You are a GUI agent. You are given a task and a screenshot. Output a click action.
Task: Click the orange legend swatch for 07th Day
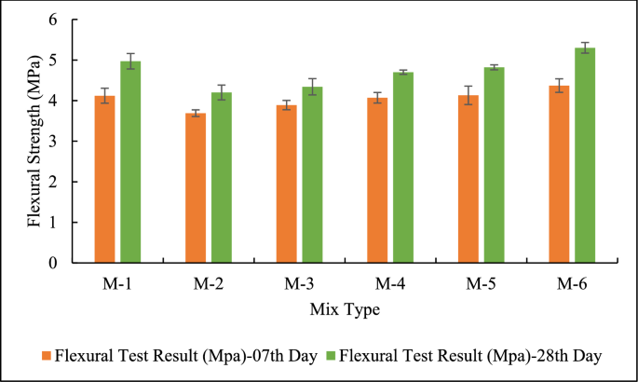pyautogui.click(x=46, y=355)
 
